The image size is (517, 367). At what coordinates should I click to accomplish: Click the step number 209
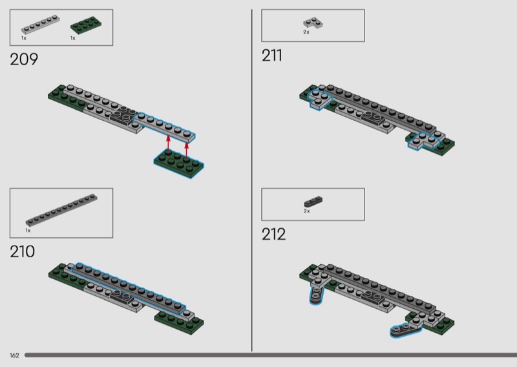click(24, 59)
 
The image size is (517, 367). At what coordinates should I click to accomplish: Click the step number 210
click(22, 251)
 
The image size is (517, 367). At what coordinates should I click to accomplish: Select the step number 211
click(271, 56)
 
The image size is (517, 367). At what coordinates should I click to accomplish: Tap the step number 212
click(273, 235)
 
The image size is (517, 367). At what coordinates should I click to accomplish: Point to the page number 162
click(14, 355)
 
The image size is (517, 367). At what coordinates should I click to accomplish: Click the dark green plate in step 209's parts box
click(86, 24)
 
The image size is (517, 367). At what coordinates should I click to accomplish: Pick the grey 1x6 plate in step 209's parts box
click(40, 25)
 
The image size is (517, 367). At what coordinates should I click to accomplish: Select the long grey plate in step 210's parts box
click(61, 210)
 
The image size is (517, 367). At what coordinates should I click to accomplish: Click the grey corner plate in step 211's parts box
click(313, 23)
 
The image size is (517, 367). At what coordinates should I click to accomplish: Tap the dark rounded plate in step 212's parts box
click(313, 202)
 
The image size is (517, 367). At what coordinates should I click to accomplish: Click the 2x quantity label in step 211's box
click(306, 32)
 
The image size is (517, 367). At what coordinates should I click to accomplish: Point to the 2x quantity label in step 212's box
click(306, 211)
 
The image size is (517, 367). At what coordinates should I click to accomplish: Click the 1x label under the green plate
click(73, 38)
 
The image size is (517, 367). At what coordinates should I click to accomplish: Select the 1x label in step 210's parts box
click(28, 231)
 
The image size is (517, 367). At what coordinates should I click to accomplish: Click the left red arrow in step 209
click(168, 143)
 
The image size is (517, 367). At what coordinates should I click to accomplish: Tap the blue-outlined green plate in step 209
click(179, 163)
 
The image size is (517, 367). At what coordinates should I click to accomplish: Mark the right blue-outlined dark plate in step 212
click(406, 331)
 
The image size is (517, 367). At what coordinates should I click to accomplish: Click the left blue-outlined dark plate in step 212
click(315, 295)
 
